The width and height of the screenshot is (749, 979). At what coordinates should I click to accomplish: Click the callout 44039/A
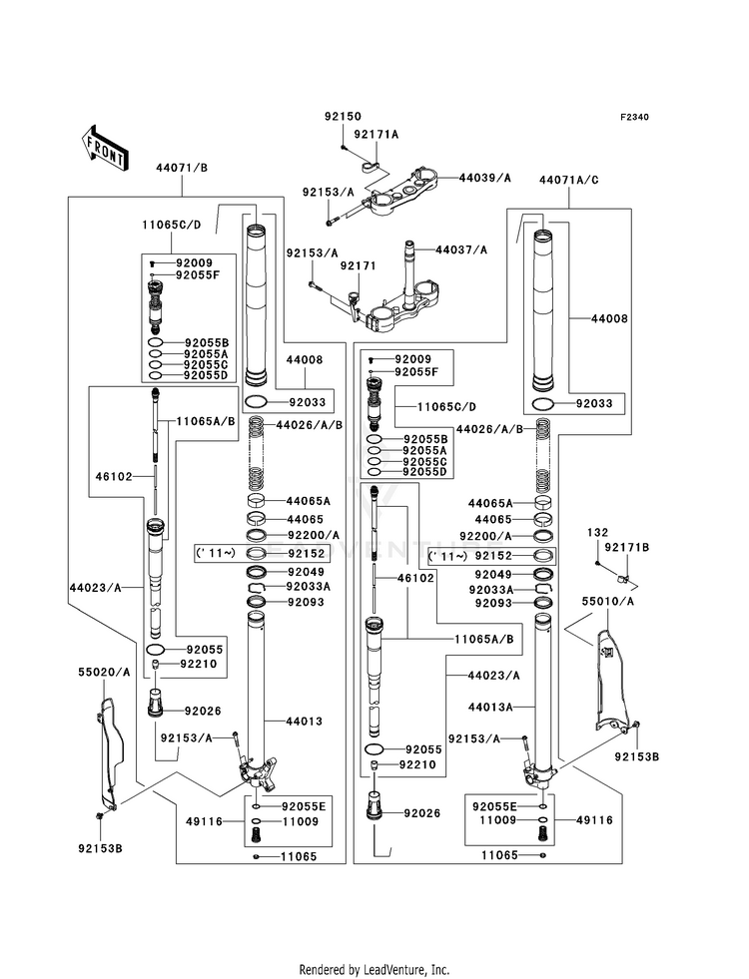tap(484, 178)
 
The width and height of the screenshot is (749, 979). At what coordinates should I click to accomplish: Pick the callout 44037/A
tap(460, 249)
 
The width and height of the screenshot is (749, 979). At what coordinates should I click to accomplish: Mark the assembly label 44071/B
tap(181, 167)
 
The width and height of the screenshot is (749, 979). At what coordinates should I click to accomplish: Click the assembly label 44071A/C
tap(568, 181)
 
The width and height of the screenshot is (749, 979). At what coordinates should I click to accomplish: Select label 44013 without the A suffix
tap(303, 720)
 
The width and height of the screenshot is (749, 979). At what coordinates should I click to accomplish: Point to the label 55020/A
tap(105, 673)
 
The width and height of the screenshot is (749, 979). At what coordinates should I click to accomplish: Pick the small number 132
tap(597, 533)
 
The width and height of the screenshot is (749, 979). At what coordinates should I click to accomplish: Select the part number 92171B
tap(626, 548)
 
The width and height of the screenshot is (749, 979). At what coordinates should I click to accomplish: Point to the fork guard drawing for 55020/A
tap(107, 748)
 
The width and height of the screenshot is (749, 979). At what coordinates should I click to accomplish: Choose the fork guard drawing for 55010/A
tap(615, 679)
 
